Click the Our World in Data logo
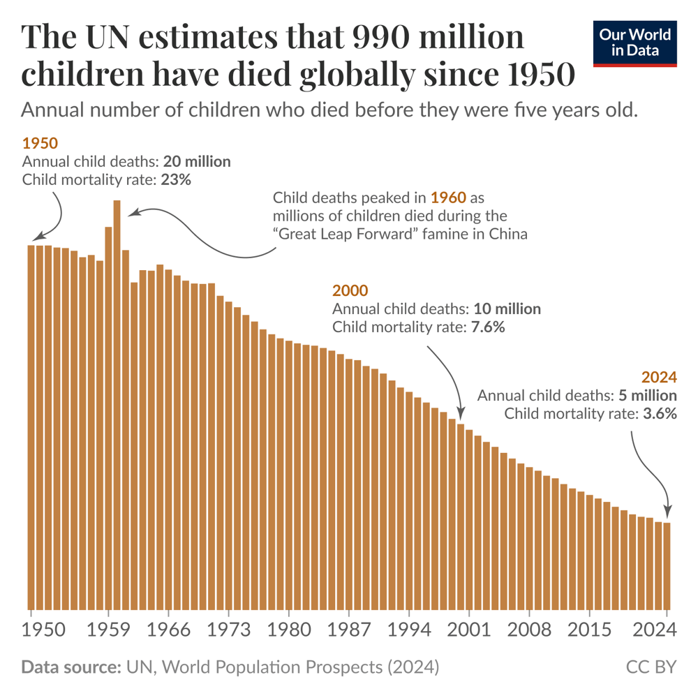click(x=634, y=43)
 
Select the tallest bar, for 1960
click(x=117, y=405)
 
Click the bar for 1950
click(x=31, y=426)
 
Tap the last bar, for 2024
click(x=667, y=565)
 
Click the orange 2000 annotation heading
click(x=350, y=290)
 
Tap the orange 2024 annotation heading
click(x=660, y=377)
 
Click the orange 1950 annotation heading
click(x=40, y=143)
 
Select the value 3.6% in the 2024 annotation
click(x=660, y=414)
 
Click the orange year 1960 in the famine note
click(x=447, y=197)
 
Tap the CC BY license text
click(x=651, y=667)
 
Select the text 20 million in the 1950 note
click(x=197, y=161)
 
